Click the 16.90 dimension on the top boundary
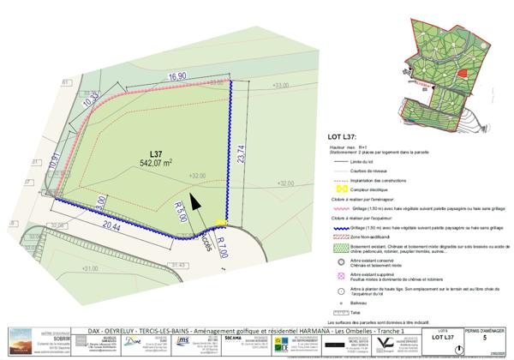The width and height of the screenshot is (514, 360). (177, 77)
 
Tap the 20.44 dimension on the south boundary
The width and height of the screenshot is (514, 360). (112, 225)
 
